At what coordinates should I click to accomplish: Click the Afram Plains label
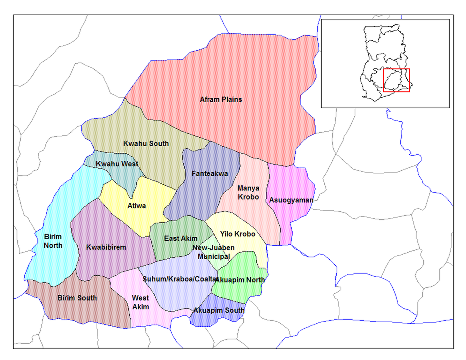(x=221, y=99)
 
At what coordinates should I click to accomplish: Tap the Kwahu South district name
(x=146, y=143)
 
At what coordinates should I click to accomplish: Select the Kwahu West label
(x=117, y=164)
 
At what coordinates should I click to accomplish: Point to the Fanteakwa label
(x=210, y=173)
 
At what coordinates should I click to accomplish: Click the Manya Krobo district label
(x=248, y=193)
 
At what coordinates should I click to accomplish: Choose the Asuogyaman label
(x=291, y=200)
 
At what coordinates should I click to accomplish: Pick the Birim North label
(x=53, y=241)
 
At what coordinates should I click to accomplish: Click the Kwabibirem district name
(x=106, y=247)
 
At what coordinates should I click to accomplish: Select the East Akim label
(x=180, y=239)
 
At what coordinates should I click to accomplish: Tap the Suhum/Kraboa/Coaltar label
(x=180, y=279)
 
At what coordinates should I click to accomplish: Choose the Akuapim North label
(x=240, y=280)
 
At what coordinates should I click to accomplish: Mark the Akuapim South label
(x=218, y=310)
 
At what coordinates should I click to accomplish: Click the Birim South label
(x=77, y=298)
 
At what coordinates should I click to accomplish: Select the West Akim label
(x=140, y=302)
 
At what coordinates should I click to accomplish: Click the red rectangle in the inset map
(x=397, y=80)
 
